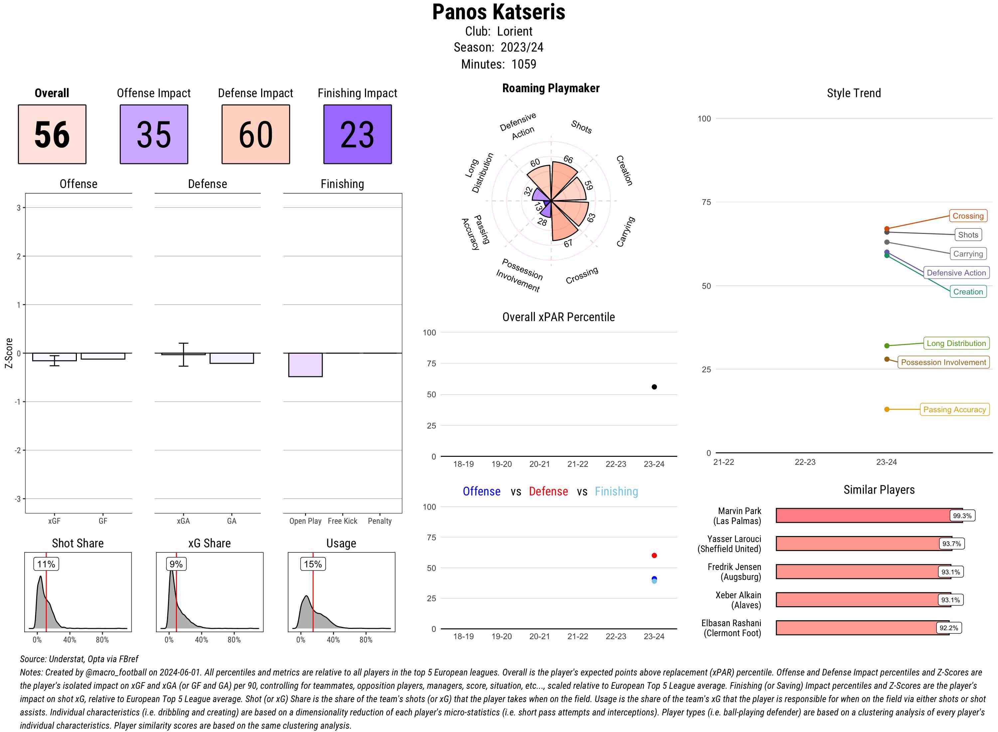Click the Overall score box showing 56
(52, 134)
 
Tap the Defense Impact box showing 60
(255, 134)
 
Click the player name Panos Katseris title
(498, 12)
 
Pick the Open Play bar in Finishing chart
(305, 365)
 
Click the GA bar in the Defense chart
(231, 358)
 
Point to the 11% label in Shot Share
(46, 564)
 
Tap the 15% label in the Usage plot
(313, 564)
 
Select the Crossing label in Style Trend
(967, 216)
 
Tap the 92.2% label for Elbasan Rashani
(948, 628)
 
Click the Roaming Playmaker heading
(551, 88)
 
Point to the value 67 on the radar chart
(568, 243)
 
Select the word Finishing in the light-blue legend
(616, 491)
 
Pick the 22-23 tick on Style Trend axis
(805, 462)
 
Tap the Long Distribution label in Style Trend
(956, 343)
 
